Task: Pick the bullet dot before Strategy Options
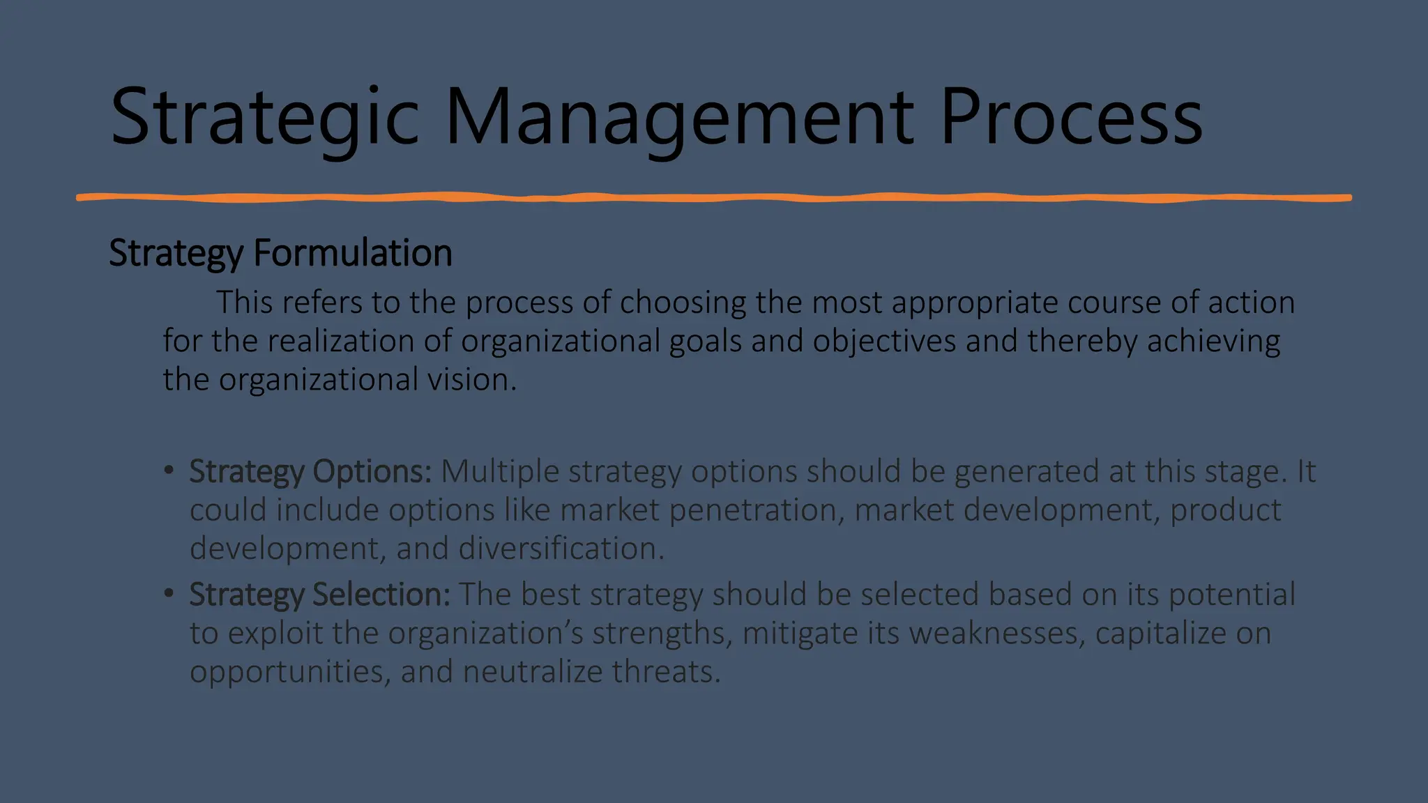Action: [x=169, y=471]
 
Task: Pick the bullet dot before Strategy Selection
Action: [x=169, y=594]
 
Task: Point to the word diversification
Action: [x=561, y=549]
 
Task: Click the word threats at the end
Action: [x=666, y=672]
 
